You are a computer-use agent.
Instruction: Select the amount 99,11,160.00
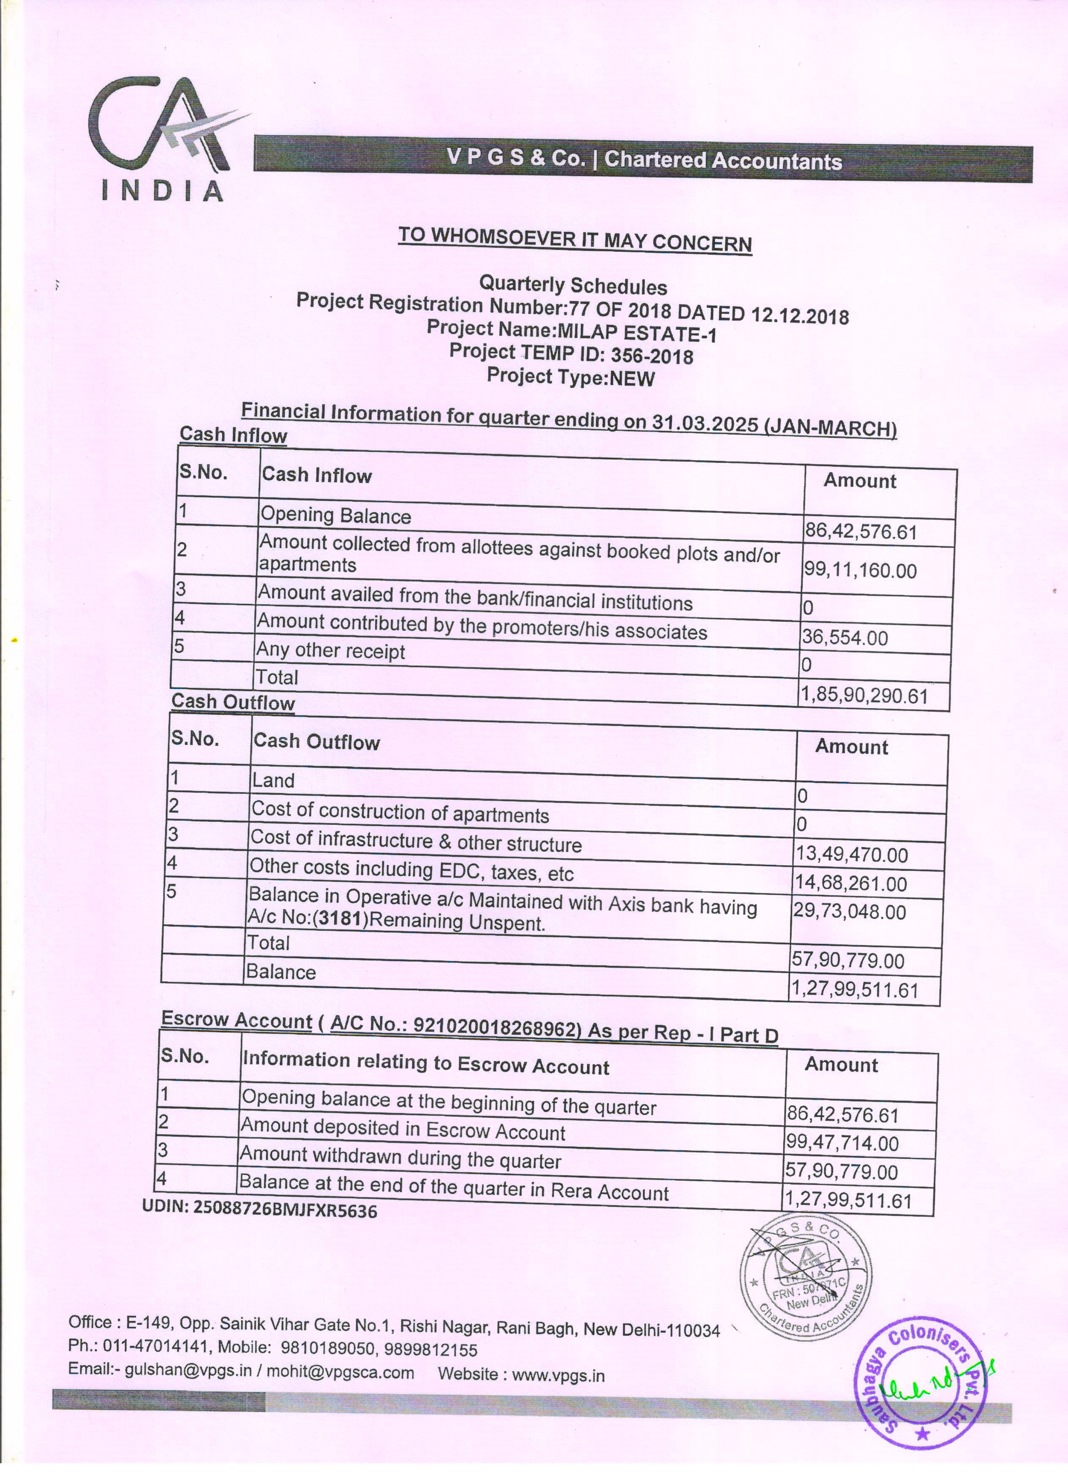(860, 571)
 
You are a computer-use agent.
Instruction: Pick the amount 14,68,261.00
(850, 883)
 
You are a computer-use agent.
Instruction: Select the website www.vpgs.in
(559, 1375)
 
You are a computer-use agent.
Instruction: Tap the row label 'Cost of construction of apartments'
(400, 813)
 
